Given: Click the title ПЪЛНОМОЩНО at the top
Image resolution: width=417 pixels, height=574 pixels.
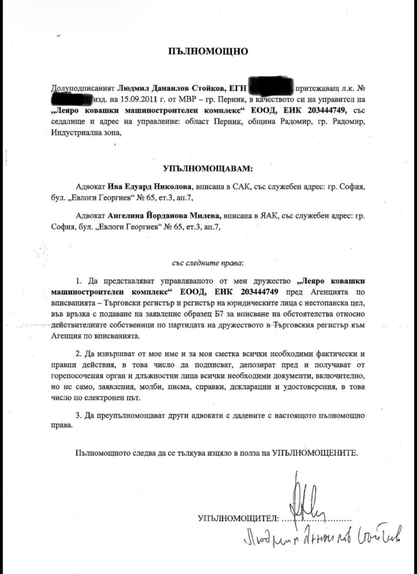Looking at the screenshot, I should coord(208,51).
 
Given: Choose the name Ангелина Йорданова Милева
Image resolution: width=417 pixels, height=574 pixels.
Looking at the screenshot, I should coord(164,216).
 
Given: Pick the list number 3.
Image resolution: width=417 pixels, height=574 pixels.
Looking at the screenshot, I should coord(79,414).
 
